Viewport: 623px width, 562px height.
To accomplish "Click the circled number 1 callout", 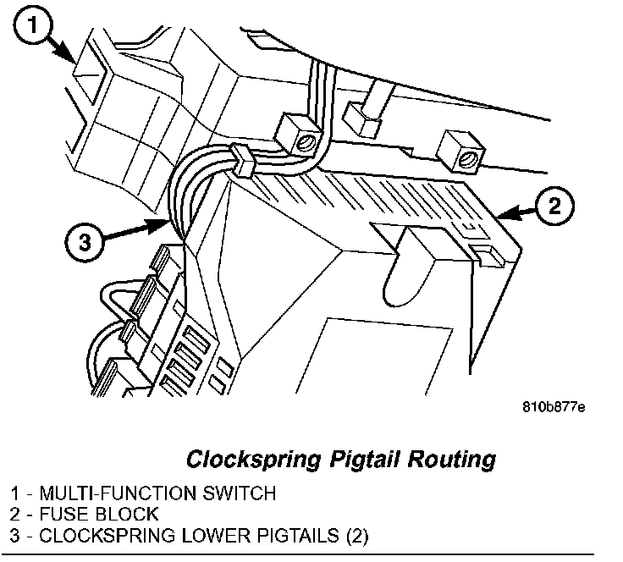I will (31, 27).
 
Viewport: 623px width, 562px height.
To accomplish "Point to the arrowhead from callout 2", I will (501, 218).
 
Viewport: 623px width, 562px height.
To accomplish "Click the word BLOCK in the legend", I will (127, 514).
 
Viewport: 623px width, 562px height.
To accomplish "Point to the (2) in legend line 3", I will (355, 536).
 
